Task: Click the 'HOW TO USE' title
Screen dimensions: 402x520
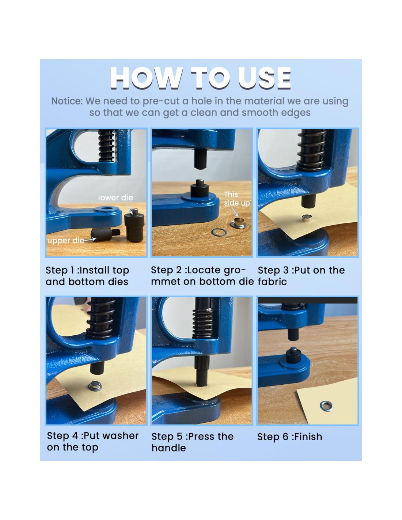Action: pos(200,78)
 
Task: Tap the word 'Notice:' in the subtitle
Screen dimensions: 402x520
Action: pos(67,101)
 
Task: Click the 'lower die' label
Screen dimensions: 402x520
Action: pos(115,197)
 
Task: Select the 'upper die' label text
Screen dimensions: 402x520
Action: pos(66,241)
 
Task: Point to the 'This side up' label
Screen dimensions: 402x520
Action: pos(236,199)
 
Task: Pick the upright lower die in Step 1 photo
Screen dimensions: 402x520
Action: pos(134,226)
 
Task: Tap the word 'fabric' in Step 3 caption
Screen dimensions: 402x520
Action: pos(272,282)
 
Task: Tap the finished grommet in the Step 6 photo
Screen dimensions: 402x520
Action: pos(326,406)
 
